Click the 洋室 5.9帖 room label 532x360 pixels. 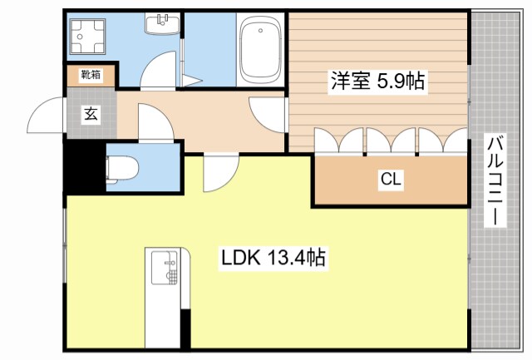(378, 81)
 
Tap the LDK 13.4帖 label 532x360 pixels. (272, 259)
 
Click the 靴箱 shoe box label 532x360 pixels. (91, 75)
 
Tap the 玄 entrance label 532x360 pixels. (90, 115)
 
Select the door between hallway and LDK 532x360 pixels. (218, 173)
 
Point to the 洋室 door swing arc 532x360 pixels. (266, 112)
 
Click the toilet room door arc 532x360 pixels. (154, 122)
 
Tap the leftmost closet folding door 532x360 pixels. (328, 141)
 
